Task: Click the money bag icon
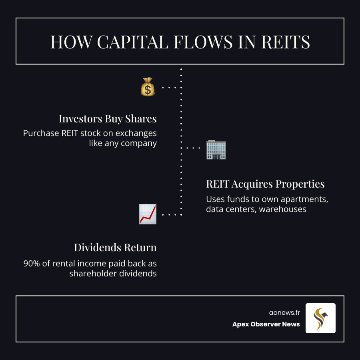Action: point(148,87)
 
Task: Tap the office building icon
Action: point(216,150)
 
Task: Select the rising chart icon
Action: point(148,214)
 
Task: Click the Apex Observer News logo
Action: point(320,318)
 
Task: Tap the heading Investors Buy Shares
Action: point(108,119)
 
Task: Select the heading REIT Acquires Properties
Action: point(265,184)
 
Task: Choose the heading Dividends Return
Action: point(115,248)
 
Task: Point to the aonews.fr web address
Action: point(284,313)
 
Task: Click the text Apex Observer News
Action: point(266,324)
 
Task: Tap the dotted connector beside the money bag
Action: point(171,87)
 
